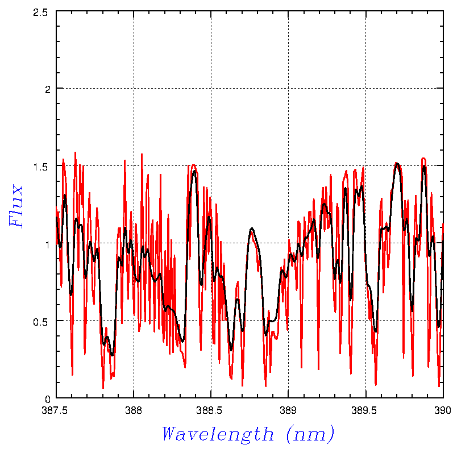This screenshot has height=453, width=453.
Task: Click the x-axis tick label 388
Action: (x=134, y=409)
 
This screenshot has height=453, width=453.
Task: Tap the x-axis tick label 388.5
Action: (x=211, y=409)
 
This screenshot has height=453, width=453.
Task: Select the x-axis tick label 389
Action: (x=288, y=409)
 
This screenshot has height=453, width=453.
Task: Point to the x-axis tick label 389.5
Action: (x=365, y=409)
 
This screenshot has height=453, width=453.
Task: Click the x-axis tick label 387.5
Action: (x=56, y=409)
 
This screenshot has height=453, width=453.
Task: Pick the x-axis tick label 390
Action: (x=442, y=409)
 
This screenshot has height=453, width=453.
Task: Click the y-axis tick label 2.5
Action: (x=41, y=11)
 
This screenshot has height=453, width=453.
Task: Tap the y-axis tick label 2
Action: (x=48, y=89)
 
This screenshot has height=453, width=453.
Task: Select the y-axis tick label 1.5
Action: (x=41, y=166)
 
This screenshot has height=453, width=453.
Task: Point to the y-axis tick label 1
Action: (x=48, y=243)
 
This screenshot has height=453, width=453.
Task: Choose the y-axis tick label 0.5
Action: (x=41, y=321)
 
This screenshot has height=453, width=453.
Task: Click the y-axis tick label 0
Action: (x=48, y=398)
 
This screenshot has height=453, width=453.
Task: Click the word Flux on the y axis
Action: (x=17, y=206)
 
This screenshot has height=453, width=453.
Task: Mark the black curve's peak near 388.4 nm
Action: (x=194, y=171)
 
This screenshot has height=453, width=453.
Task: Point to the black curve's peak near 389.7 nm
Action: (x=397, y=164)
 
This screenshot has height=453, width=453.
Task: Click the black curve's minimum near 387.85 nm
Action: (x=112, y=355)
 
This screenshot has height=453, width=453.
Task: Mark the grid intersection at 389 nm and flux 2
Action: (x=288, y=89)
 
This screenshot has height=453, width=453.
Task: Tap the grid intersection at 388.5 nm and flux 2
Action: (x=211, y=89)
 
